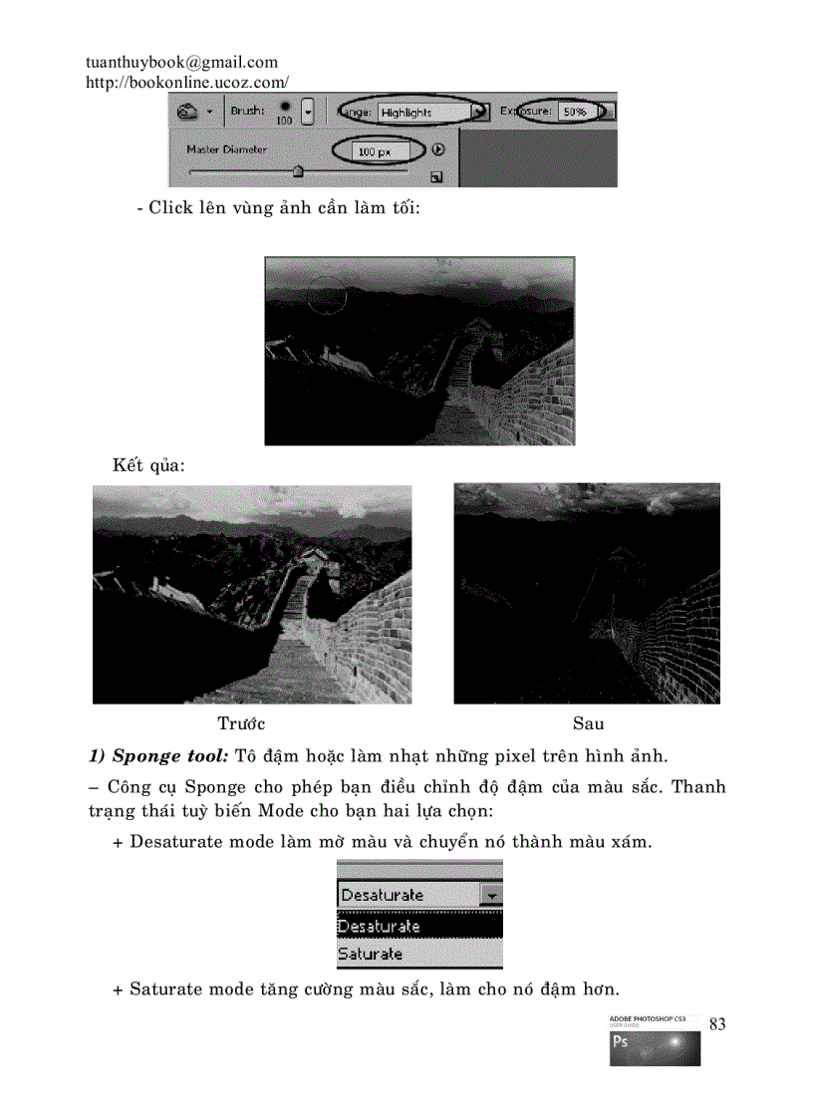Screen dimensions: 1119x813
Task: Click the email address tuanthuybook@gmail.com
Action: [181, 63]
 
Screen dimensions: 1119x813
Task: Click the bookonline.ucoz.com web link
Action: [187, 83]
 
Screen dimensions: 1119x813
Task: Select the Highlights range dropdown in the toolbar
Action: [423, 112]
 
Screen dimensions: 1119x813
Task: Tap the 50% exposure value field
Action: [574, 112]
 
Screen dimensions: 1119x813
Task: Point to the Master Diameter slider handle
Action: [297, 171]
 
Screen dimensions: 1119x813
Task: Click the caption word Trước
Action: [241, 722]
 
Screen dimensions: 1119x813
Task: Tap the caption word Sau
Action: [588, 722]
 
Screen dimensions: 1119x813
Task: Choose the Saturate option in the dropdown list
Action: [370, 954]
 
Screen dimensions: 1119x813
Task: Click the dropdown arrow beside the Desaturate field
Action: [492, 895]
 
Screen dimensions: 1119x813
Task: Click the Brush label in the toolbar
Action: [248, 111]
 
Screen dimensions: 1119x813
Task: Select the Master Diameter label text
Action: [226, 149]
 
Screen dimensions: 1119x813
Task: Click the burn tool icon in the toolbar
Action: [187, 112]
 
